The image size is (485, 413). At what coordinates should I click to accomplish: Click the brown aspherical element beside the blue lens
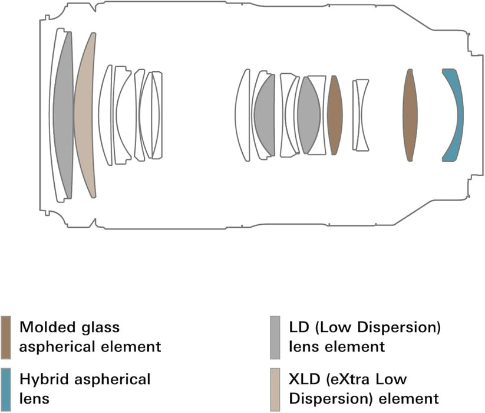pos(411,115)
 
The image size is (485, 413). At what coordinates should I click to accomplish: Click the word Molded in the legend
pos(44,327)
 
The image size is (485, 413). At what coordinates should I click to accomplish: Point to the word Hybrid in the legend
pos(41,378)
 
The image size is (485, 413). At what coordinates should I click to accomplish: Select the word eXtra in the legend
pos(354,378)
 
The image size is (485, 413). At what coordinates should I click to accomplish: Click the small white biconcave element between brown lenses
pos(360,115)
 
